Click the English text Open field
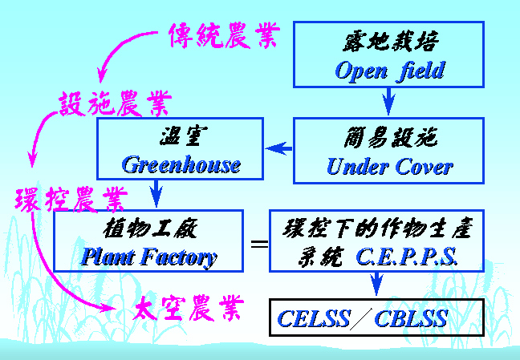(x=390, y=71)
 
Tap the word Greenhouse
(x=181, y=164)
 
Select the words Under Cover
(x=390, y=166)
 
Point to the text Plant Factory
(x=149, y=257)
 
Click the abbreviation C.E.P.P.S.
(x=407, y=257)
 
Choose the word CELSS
(x=314, y=318)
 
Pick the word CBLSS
(x=411, y=318)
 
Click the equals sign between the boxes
(x=259, y=245)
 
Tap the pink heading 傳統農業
(x=224, y=35)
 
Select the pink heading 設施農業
(x=116, y=103)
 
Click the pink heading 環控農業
(x=71, y=199)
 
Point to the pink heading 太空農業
(x=189, y=308)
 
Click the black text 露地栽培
(x=390, y=42)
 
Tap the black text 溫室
(x=184, y=136)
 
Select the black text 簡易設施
(x=390, y=138)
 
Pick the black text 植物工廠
(x=150, y=229)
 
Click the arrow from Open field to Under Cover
(x=388, y=101)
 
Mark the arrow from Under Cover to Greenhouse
(x=279, y=148)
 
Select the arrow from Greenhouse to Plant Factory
(x=156, y=193)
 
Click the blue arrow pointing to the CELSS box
(x=376, y=284)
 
